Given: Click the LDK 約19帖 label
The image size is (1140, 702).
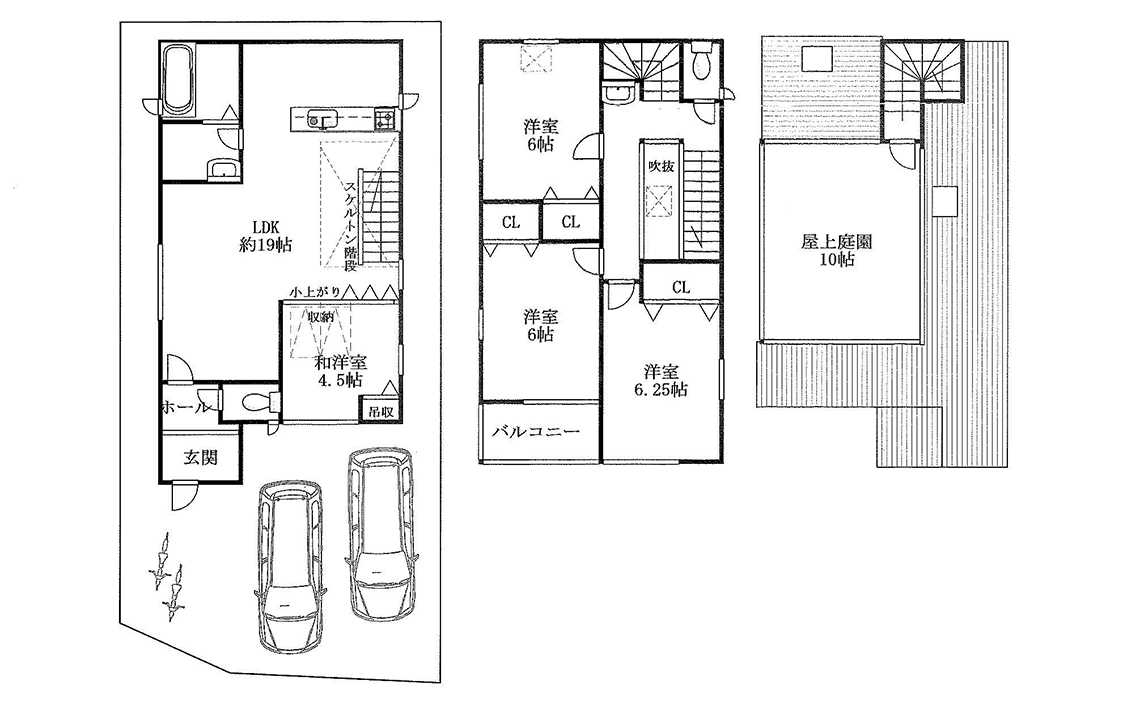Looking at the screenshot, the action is click(265, 235).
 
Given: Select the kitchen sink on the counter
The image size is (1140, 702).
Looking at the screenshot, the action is click(321, 118).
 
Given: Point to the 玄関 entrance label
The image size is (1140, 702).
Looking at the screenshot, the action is click(200, 458).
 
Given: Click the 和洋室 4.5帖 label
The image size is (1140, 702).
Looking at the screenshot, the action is click(340, 371).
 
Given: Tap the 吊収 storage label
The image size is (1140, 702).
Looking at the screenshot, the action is click(380, 411).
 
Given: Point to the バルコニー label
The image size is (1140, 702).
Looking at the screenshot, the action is click(536, 432).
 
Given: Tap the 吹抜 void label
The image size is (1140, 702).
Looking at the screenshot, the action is click(661, 166).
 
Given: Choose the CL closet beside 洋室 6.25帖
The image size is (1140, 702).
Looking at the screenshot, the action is click(681, 287).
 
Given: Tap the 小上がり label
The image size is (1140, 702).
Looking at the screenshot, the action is click(315, 292).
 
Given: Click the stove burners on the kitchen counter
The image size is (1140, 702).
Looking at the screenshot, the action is click(385, 118).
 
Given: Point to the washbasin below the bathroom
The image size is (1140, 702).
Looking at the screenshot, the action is click(222, 170).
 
